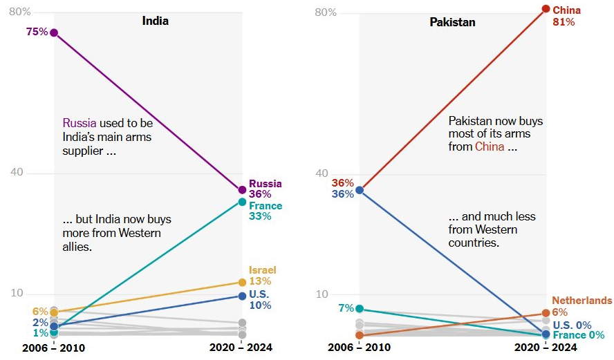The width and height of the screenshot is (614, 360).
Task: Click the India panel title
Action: (x=155, y=21)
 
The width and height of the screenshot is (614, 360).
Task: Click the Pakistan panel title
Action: (x=452, y=22)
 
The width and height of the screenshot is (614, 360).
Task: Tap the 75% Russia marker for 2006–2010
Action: (x=54, y=32)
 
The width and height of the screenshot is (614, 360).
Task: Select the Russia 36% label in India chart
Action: (x=265, y=189)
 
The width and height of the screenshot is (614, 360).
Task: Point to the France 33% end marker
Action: (x=242, y=202)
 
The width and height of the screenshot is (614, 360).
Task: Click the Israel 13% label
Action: (x=262, y=276)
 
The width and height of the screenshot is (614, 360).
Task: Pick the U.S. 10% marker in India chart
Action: (x=242, y=296)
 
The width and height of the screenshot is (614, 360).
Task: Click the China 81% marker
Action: (x=546, y=9)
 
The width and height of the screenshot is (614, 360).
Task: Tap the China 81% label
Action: (x=566, y=16)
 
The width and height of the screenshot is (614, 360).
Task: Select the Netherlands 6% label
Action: (x=582, y=306)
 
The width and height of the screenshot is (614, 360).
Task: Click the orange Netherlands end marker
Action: (x=546, y=314)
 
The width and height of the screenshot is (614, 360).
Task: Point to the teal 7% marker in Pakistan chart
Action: (x=359, y=309)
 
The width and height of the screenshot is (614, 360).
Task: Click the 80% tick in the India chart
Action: (x=20, y=12)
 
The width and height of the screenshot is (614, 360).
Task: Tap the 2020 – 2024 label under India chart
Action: (x=241, y=348)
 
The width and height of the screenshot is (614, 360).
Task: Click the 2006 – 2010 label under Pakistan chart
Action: (x=359, y=348)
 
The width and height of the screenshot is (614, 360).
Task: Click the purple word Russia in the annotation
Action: (x=80, y=123)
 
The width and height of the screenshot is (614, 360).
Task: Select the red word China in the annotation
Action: (x=488, y=146)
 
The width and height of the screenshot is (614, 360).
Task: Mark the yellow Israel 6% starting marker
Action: (x=54, y=312)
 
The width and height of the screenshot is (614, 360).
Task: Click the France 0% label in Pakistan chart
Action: (x=579, y=336)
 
